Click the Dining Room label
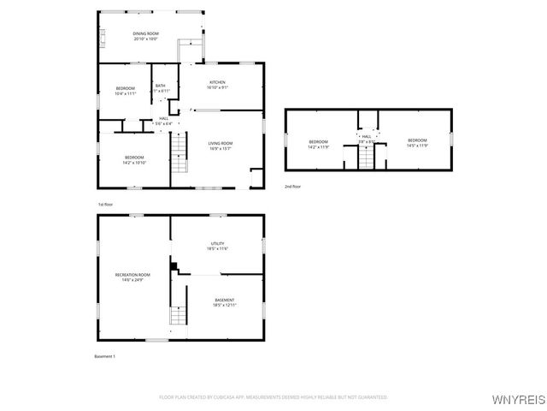146,35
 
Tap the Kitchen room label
217,85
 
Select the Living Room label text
221,146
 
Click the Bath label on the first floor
161,87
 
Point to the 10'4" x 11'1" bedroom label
125,91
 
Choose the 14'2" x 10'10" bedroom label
135,159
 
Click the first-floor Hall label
163,122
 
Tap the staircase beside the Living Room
179,157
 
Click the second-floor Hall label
367,139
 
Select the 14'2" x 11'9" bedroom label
318,143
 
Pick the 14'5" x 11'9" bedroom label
416,142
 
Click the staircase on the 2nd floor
367,158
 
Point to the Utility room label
217,246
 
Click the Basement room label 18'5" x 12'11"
224,302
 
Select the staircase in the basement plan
178,314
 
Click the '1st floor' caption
105,204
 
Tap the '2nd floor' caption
292,186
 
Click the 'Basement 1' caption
104,356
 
